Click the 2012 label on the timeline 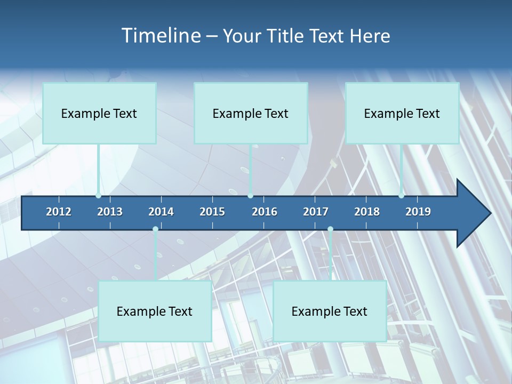coord(59,212)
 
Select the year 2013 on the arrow coord(110,212)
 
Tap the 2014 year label coord(161,212)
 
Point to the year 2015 coord(212,212)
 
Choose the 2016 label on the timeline coord(265,212)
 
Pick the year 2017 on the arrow coord(316,212)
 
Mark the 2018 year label coord(367,212)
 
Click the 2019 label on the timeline coord(418,212)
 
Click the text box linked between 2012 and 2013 coord(99,113)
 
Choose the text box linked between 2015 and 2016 coord(251,113)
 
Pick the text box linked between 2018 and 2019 coord(402,113)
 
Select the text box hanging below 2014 coord(155,311)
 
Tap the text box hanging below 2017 coord(330,311)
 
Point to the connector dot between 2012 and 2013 coord(98,196)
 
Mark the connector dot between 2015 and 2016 coord(251,196)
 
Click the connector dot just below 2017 coord(330,229)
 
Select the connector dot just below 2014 coord(155,229)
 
